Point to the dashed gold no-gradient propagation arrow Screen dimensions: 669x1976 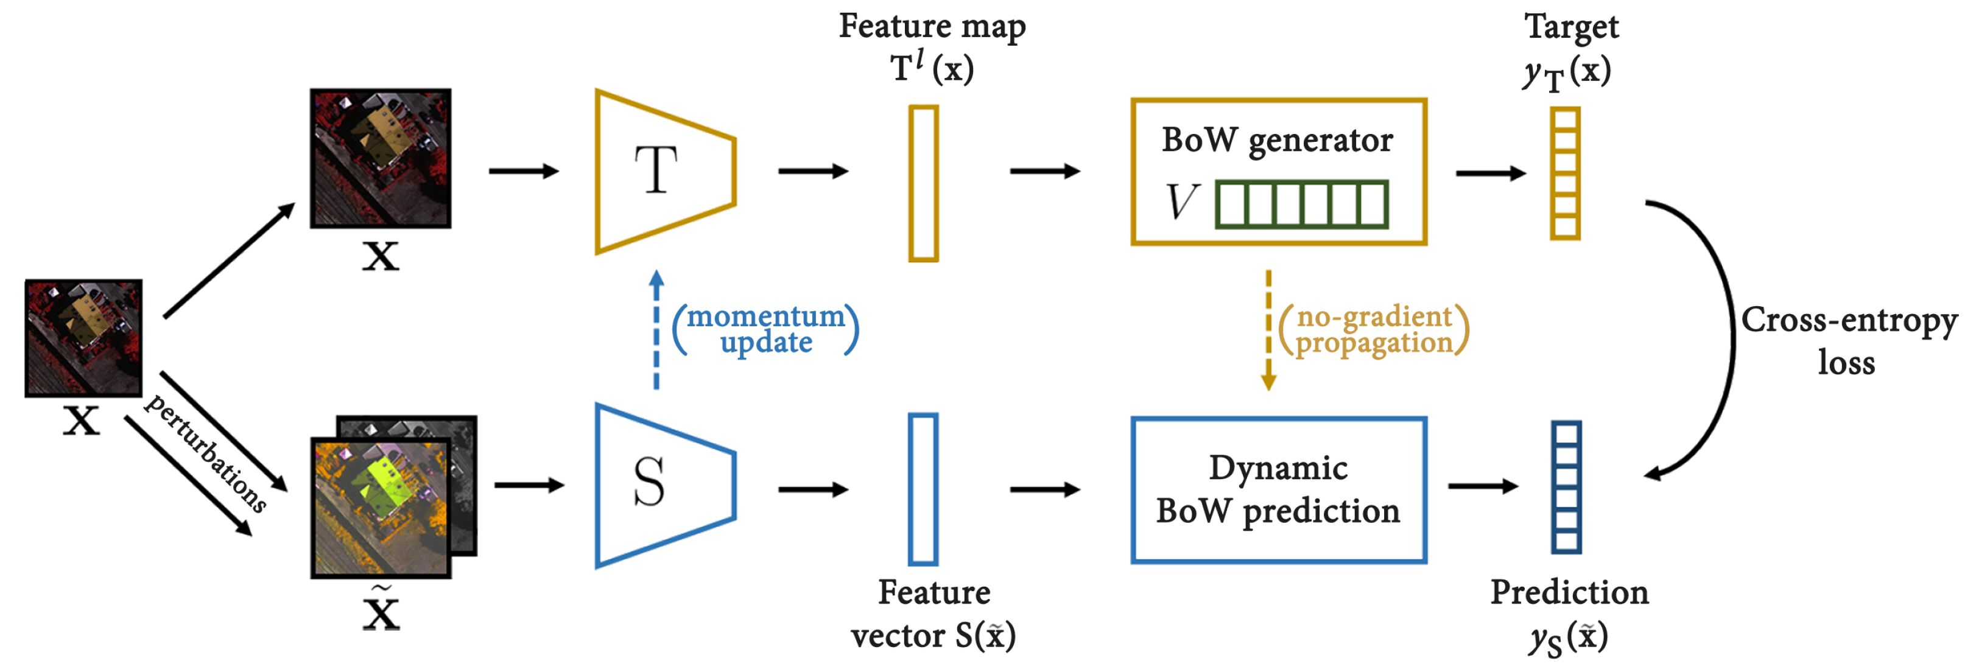pyautogui.click(x=1268, y=330)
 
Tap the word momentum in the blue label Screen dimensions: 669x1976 pyautogui.click(x=765, y=316)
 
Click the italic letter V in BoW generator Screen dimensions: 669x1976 pyautogui.click(x=1181, y=203)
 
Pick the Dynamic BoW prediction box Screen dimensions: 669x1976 pyautogui.click(x=1278, y=489)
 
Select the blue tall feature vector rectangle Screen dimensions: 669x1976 pyautogui.click(x=923, y=489)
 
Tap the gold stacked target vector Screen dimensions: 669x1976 pyautogui.click(x=1564, y=173)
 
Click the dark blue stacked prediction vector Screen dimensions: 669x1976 pyautogui.click(x=1566, y=486)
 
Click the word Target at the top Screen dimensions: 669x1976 pyautogui.click(x=1570, y=27)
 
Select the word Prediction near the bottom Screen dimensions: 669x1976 pyautogui.click(x=1569, y=592)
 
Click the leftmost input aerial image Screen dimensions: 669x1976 pyautogui.click(x=83, y=338)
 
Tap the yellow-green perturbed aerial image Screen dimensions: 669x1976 pyautogui.click(x=380, y=506)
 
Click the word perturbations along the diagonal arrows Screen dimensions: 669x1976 pyautogui.click(x=206, y=453)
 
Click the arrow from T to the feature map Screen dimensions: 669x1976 pyautogui.click(x=813, y=170)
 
